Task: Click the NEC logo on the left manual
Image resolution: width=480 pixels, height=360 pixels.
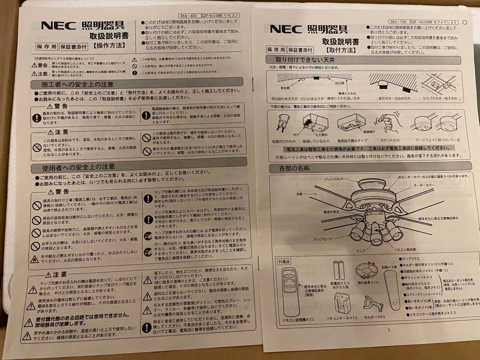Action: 58,25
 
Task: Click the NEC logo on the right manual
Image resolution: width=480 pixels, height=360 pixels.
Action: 286,29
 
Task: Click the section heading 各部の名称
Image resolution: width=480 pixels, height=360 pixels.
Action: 294,168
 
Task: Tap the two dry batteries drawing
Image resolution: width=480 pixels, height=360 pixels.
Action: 339,270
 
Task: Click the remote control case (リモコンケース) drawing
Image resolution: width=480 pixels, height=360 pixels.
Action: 342,303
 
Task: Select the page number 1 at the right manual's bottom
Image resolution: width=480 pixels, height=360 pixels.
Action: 388,330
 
